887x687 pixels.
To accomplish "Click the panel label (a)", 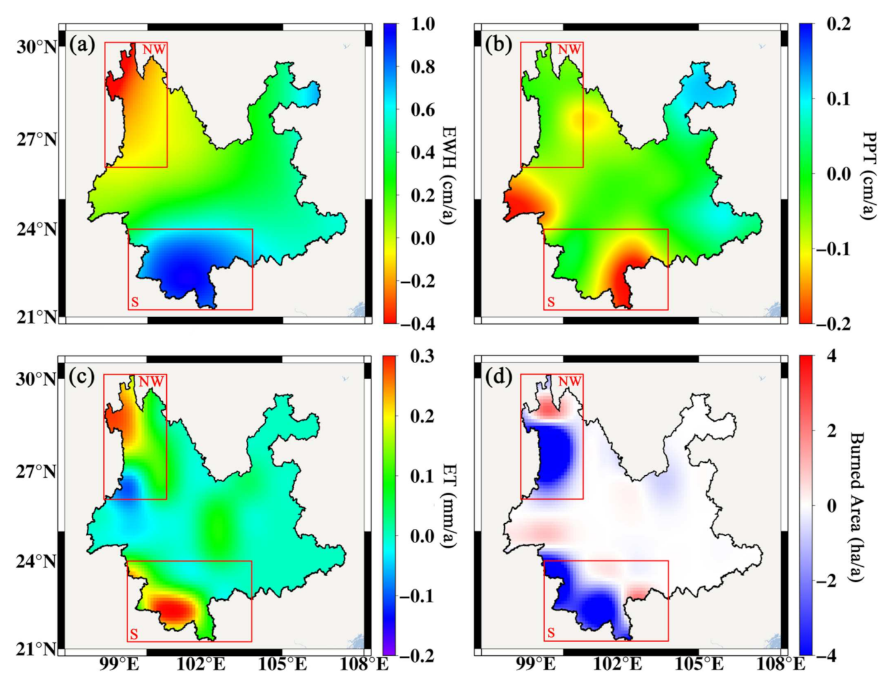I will [x=82, y=45].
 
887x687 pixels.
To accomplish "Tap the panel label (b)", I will [x=498, y=45].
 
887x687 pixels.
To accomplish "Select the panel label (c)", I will [x=82, y=377].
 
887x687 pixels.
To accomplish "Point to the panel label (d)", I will [x=498, y=377].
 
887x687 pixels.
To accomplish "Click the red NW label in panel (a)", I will [x=154, y=49].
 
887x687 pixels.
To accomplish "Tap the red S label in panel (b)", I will [x=550, y=303].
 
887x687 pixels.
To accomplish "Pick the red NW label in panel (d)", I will [x=570, y=381].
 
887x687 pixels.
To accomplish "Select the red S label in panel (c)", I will [x=134, y=635].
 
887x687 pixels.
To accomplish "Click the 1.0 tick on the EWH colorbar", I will [x=423, y=24].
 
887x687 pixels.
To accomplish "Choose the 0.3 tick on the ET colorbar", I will [x=422, y=356].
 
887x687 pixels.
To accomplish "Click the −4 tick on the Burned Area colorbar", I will [x=831, y=655].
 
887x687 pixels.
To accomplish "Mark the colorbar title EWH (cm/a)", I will [x=449, y=174].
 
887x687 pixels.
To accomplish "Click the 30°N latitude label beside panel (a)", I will [x=37, y=47].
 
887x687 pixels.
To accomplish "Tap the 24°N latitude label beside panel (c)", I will [x=37, y=562].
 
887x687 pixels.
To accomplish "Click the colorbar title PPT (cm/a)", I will [x=868, y=174].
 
